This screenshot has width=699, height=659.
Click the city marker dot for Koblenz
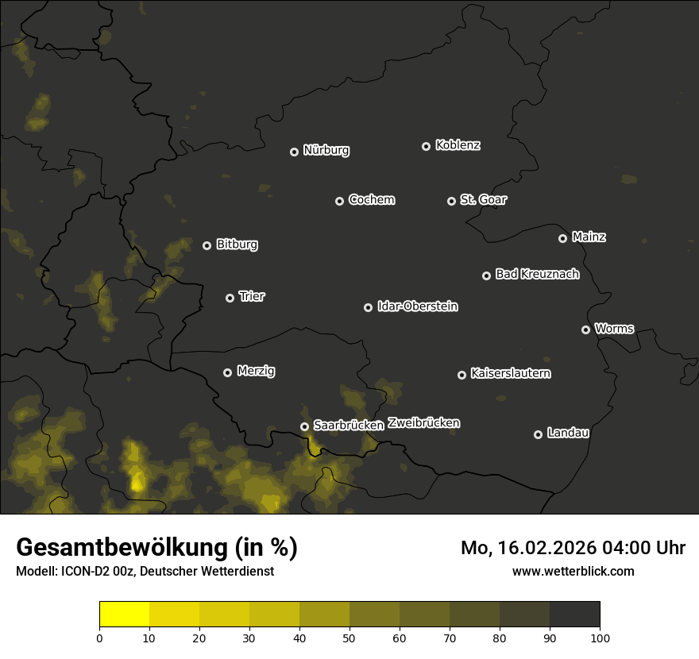426,146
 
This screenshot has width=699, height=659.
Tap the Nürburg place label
326,150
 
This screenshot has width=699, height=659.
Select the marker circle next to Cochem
339,201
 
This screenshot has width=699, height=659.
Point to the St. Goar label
483,199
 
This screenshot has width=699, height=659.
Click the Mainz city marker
562,238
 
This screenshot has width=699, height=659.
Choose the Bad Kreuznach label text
537,274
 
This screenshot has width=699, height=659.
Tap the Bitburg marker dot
207,245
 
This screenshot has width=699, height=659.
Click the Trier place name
252,296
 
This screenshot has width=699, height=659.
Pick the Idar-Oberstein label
417,306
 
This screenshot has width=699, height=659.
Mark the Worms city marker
585,329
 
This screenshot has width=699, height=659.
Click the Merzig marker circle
227,372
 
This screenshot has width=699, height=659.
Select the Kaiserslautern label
510,373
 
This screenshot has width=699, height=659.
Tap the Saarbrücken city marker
304,426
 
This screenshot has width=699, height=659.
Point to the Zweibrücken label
423,423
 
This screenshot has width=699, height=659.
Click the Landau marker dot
538,434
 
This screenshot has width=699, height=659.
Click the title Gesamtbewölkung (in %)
156,547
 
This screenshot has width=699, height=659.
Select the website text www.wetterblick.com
573,571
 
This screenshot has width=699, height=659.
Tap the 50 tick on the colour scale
349,637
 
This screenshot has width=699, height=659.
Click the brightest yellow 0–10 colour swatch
124,615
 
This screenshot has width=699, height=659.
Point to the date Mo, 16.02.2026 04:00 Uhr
573,548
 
